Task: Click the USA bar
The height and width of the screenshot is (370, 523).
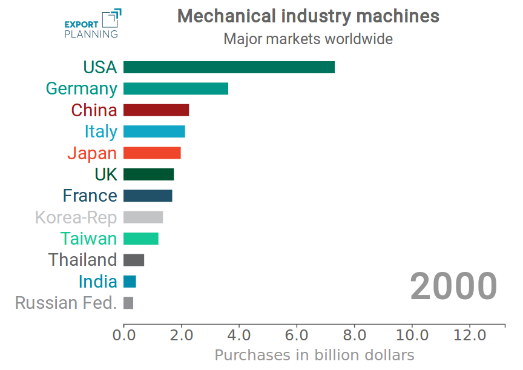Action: click(x=229, y=67)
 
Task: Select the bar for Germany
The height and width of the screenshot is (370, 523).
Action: click(x=176, y=88)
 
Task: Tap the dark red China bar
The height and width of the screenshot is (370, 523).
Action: click(x=156, y=110)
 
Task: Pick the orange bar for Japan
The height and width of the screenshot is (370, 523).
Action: click(x=152, y=153)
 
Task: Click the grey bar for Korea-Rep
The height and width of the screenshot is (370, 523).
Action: click(x=143, y=217)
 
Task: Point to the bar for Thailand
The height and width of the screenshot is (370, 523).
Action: click(x=134, y=260)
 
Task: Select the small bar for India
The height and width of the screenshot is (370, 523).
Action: click(x=130, y=282)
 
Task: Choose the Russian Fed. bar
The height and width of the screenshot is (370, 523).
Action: click(x=128, y=303)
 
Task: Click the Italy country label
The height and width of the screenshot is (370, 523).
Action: click(x=101, y=131)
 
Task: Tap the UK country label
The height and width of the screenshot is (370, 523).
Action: click(x=106, y=174)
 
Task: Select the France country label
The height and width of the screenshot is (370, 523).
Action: click(x=90, y=196)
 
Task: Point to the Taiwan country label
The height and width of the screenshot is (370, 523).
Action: click(x=88, y=239)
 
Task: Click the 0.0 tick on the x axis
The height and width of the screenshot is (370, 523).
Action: click(x=123, y=335)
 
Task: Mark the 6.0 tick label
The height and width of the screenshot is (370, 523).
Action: click(x=297, y=335)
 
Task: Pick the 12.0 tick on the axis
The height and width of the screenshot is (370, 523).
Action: click(x=470, y=335)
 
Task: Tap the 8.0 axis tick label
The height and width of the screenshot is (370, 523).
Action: click(x=355, y=335)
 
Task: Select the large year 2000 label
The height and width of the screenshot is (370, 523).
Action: click(x=453, y=286)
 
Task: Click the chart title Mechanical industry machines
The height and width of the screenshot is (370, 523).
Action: click(x=308, y=16)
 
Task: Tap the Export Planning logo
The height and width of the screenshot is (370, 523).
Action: click(x=93, y=24)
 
